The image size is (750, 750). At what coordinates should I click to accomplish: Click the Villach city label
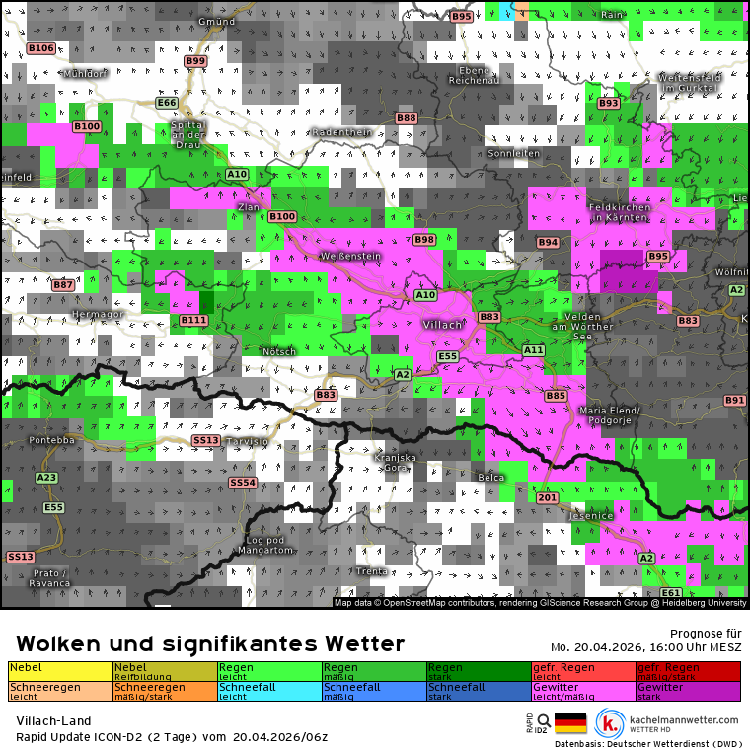point(442,325)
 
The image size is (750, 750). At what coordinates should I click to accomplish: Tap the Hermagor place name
point(97,314)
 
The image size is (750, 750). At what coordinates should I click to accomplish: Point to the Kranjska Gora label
point(395,462)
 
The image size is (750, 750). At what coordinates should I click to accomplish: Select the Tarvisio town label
point(246,442)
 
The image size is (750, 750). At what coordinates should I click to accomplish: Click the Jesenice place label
point(592,515)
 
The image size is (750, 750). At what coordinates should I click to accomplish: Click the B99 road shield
point(195,61)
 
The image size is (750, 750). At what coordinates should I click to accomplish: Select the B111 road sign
point(193,320)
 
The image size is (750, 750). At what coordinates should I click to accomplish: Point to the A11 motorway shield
point(534,350)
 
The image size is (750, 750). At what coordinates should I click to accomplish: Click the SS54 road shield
point(242,483)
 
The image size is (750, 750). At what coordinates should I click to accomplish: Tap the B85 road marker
point(556,396)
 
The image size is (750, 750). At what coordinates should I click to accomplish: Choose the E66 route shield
point(167,103)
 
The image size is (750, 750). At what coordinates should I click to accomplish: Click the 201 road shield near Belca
point(548,499)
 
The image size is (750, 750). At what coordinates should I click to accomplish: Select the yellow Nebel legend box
point(60,671)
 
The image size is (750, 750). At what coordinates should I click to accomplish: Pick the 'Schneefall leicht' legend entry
point(270,691)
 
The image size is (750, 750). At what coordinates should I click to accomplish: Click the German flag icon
point(570,723)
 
